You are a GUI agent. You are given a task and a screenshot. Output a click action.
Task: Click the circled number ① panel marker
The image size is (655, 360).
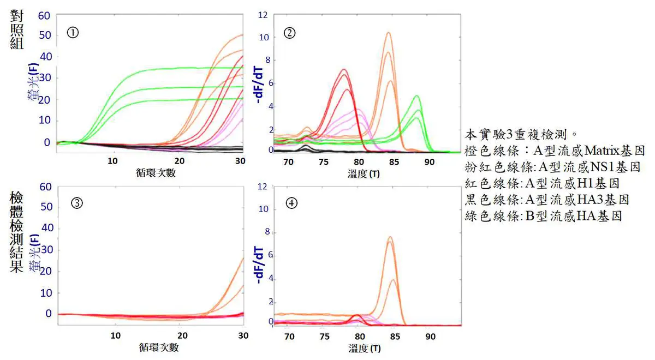coord(72,32)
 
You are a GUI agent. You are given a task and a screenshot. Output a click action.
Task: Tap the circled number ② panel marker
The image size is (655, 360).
coord(290,33)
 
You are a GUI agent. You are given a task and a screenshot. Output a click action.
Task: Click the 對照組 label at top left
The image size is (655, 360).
coord(17,29)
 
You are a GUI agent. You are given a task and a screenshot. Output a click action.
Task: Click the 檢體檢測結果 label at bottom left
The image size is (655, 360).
coord(17,234)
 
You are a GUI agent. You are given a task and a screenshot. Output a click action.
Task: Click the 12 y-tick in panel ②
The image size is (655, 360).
coord(263,15)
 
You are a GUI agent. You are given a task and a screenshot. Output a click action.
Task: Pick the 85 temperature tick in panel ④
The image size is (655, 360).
coord(396,337)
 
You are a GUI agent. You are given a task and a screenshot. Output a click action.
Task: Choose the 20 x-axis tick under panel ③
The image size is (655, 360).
coord(182,335)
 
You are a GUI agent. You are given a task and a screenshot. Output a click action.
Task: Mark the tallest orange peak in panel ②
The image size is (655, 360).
coord(388,33)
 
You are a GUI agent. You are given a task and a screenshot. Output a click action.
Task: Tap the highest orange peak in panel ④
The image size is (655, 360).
coord(390,237)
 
